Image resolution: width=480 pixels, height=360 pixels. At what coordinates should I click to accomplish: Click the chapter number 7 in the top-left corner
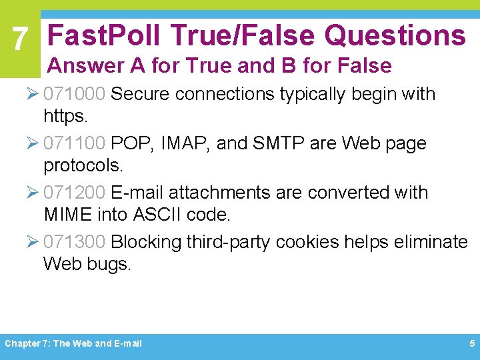tap(21, 41)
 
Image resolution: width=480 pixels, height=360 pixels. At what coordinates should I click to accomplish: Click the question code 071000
tap(74, 94)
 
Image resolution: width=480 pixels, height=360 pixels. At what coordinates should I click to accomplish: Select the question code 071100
tap(74, 143)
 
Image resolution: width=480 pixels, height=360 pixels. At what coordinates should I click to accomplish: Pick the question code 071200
tap(74, 193)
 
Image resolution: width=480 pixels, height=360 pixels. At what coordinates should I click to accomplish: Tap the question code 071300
tap(74, 241)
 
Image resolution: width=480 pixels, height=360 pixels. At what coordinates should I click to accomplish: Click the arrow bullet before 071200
tap(33, 193)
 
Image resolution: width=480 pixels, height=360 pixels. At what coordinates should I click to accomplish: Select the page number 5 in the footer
tap(471, 343)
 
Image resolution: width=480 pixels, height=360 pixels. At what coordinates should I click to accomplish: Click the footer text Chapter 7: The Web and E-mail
tap(73, 343)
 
